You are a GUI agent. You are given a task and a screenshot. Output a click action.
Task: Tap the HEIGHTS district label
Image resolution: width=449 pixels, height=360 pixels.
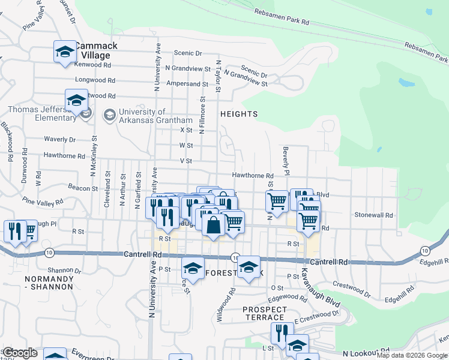[239, 114]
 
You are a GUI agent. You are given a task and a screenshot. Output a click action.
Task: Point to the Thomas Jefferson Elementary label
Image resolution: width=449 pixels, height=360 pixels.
[42, 113]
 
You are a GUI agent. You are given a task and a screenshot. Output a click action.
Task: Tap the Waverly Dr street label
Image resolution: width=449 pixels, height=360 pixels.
[60, 139]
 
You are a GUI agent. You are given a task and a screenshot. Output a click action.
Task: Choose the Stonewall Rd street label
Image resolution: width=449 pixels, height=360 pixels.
[373, 215]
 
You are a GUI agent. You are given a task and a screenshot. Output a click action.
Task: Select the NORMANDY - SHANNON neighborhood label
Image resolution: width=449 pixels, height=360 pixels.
[49, 283]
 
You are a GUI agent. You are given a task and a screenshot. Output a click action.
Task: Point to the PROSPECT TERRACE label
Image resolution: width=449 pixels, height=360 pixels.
[264, 313]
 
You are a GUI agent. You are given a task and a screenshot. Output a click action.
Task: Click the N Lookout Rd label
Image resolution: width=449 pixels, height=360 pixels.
[366, 355]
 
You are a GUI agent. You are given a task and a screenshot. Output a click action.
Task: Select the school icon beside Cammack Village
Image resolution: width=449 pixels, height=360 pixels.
[65, 52]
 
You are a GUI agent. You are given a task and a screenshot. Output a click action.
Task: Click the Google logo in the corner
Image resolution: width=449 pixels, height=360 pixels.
[20, 353]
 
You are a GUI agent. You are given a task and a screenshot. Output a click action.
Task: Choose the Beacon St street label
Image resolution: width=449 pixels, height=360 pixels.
[83, 188]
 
